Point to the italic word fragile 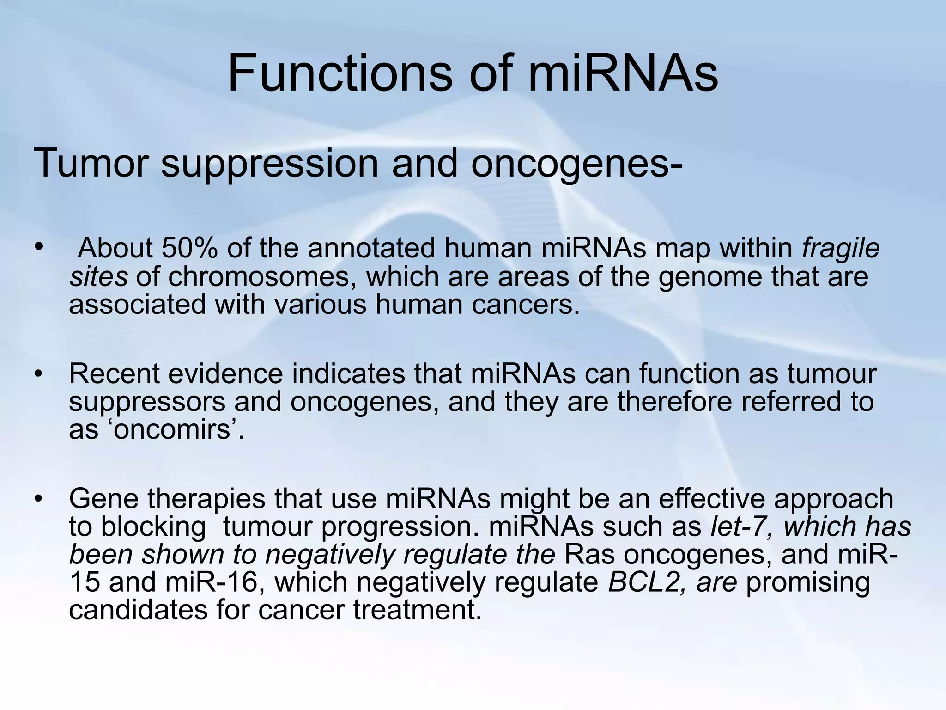841,249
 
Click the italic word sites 98,277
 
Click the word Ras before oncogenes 589,555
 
